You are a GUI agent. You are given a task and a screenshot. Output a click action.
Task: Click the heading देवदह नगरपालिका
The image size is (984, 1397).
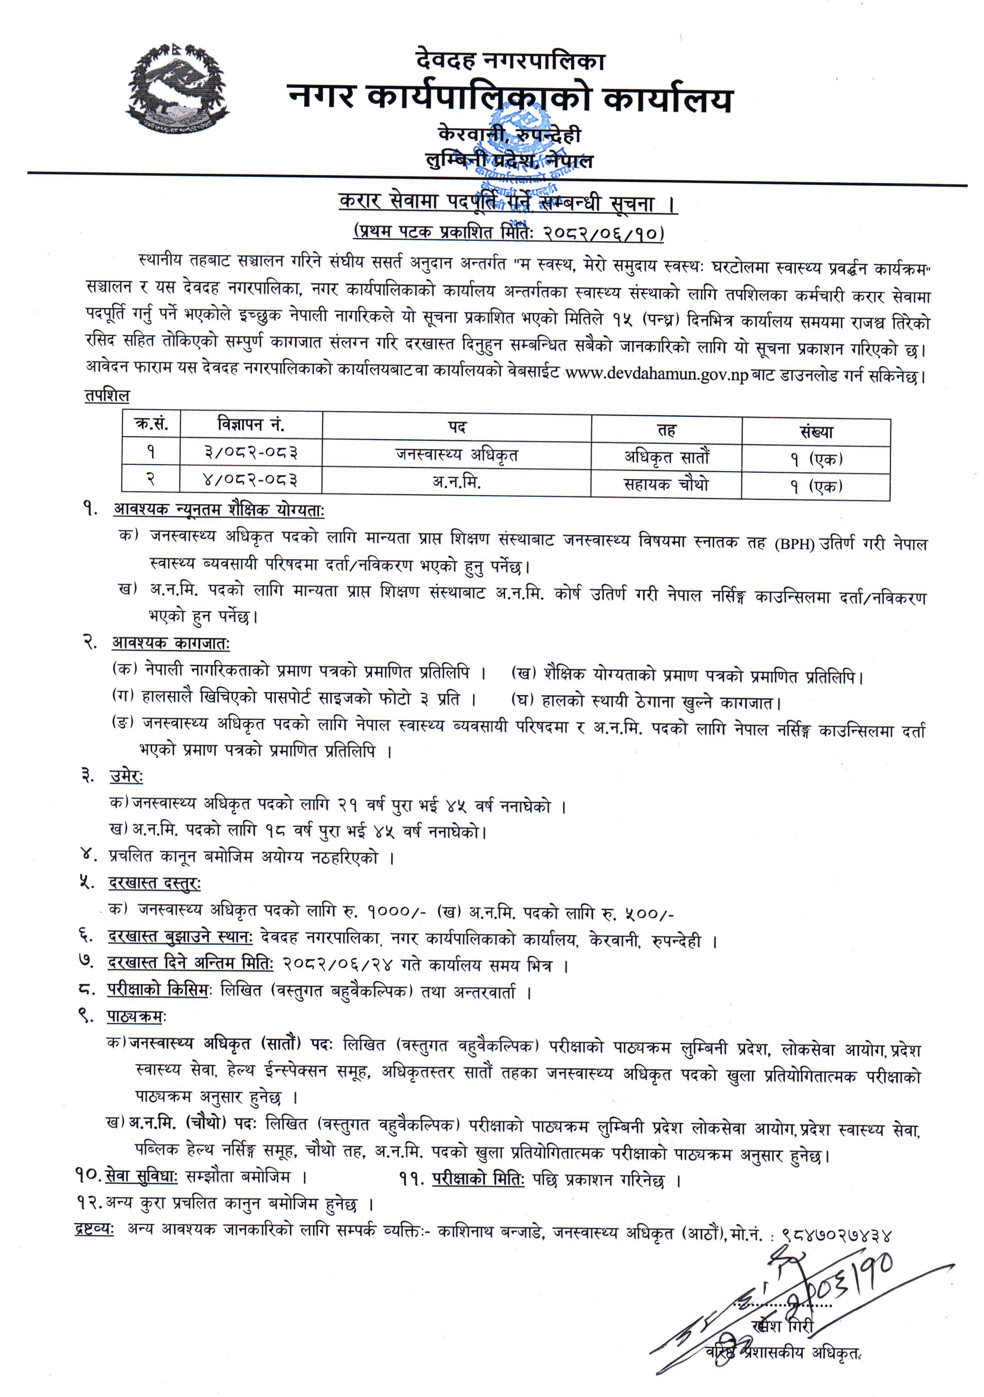tap(510, 61)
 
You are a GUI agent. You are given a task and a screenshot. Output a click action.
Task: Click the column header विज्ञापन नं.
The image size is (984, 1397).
tap(251, 424)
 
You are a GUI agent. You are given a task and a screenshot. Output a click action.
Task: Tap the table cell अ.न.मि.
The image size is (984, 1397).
tap(456, 482)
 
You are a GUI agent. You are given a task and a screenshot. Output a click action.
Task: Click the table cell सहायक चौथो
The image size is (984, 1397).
tap(666, 484)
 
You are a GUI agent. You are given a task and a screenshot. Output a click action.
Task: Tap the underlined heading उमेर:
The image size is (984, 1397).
tap(126, 777)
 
